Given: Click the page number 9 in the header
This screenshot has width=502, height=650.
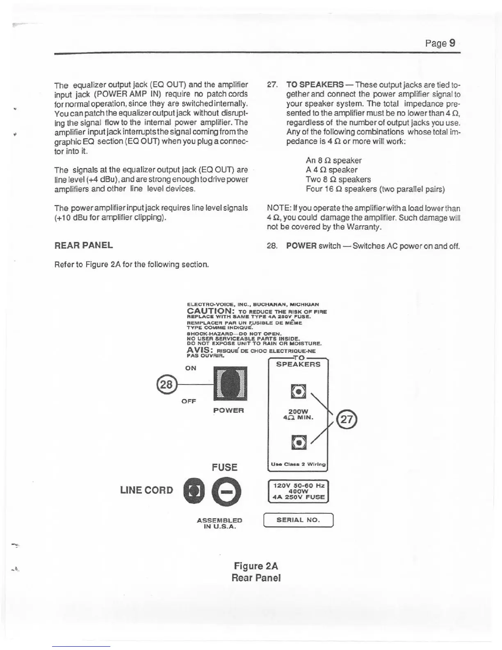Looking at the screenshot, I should (452, 43).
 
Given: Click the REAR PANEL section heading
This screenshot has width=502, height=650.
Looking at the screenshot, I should (84, 245).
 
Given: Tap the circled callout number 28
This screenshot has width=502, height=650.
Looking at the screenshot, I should (166, 385).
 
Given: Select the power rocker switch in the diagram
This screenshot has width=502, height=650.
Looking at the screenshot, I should (230, 383).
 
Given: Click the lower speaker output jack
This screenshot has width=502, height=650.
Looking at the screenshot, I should (298, 442).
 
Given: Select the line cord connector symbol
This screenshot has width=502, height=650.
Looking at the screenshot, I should (194, 492).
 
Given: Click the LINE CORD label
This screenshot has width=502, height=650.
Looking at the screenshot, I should (146, 490).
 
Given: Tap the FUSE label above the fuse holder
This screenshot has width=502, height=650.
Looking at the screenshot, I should (224, 467).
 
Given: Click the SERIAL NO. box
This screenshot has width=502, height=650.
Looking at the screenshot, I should (298, 520).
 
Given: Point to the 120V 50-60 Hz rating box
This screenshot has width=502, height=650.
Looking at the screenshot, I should (298, 491).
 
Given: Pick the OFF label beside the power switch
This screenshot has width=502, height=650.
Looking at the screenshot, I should (189, 401).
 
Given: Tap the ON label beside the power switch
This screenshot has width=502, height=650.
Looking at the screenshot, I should (191, 368).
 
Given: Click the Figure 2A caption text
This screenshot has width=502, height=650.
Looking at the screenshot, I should (256, 566).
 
